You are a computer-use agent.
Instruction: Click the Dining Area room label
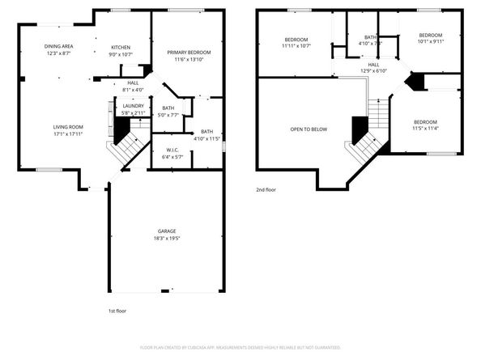pyautogui.click(x=57, y=46)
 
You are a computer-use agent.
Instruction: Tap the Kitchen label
pyautogui.click(x=121, y=47)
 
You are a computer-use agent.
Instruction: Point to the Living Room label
pyautogui.click(x=68, y=127)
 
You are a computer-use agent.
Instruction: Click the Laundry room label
pyautogui.click(x=133, y=105)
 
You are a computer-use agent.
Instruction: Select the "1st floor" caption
pyautogui.click(x=117, y=311)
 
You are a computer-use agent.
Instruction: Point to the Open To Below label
pyautogui.click(x=309, y=129)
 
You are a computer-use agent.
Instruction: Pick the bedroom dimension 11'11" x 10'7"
pyautogui.click(x=297, y=46)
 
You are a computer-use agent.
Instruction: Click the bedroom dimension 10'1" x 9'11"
pyautogui.click(x=430, y=41)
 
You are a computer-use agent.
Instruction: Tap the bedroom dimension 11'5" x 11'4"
pyautogui.click(x=424, y=128)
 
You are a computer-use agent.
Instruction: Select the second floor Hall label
pyautogui.click(x=374, y=65)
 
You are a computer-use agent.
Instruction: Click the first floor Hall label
pyautogui.click(x=133, y=83)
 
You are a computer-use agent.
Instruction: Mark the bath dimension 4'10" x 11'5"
pyautogui.click(x=207, y=138)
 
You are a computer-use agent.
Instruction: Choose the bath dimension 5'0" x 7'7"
pyautogui.click(x=168, y=115)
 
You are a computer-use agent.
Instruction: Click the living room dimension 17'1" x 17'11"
pyautogui.click(x=68, y=133)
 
